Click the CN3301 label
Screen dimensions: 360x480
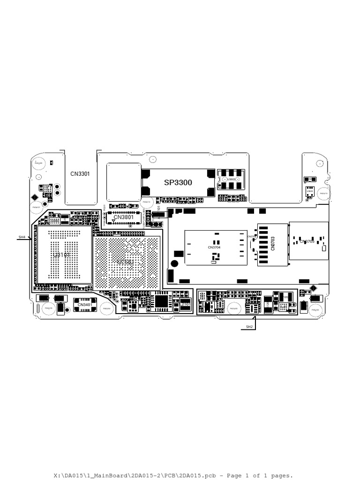click(x=80, y=174)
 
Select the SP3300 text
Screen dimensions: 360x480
click(x=178, y=182)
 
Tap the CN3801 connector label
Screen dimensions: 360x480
click(x=123, y=217)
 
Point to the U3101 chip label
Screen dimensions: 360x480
click(x=61, y=255)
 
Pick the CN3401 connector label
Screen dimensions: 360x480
click(x=85, y=305)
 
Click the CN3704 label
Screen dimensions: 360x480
click(x=214, y=247)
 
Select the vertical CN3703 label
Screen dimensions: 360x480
click(x=272, y=243)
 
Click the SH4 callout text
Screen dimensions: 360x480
click(x=22, y=238)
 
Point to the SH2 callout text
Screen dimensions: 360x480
click(x=249, y=326)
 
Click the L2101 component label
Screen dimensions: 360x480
click(x=185, y=305)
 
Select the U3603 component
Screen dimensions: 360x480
click(x=232, y=180)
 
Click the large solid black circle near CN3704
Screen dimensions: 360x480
click(x=174, y=264)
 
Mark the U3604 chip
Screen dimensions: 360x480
click(x=310, y=190)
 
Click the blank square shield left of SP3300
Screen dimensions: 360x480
click(x=124, y=182)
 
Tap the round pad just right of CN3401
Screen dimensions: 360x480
click(x=107, y=308)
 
